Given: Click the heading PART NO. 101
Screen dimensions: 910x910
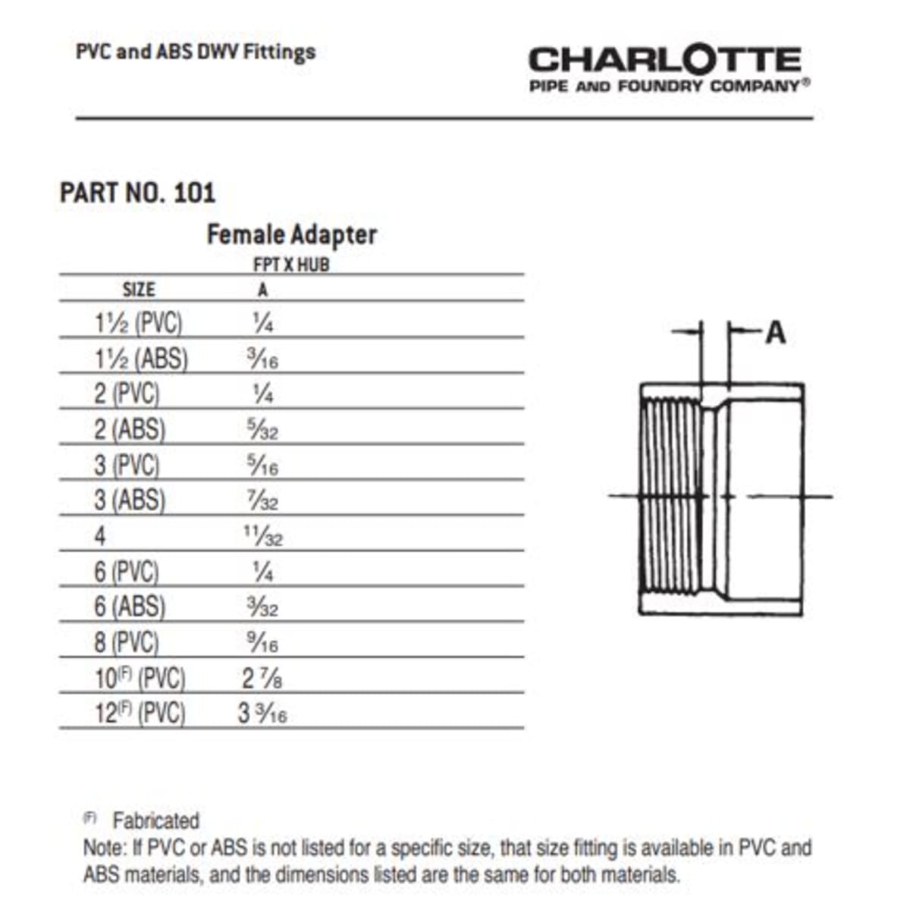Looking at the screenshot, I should [x=137, y=193].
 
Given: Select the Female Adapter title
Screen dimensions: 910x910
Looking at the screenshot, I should [x=291, y=234].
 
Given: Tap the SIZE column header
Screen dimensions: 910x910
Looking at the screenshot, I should [x=139, y=290].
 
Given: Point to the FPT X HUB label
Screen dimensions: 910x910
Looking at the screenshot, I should [x=291, y=265].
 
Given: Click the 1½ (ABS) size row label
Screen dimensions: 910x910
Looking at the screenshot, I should [x=141, y=358].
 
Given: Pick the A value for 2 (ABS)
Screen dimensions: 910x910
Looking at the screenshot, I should [x=262, y=430].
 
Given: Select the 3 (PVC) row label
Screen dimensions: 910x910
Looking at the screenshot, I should [x=127, y=465].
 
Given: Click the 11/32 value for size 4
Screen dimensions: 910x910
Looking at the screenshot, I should [x=262, y=535].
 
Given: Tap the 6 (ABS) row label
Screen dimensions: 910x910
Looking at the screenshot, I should [x=129, y=607].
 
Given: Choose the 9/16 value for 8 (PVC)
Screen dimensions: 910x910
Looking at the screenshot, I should [x=262, y=643].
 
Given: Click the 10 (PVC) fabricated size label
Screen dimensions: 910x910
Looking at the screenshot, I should [x=140, y=678].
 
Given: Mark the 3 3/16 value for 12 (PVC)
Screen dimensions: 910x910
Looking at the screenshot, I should [x=262, y=714].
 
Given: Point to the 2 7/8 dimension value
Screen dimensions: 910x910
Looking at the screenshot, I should [x=262, y=678].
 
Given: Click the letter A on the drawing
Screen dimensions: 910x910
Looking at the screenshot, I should [x=775, y=332].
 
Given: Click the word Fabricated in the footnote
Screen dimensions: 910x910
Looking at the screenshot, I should [x=155, y=821].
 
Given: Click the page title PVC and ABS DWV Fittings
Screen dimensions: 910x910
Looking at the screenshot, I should [x=196, y=52].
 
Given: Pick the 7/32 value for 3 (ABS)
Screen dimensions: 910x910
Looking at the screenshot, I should [x=262, y=500].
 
